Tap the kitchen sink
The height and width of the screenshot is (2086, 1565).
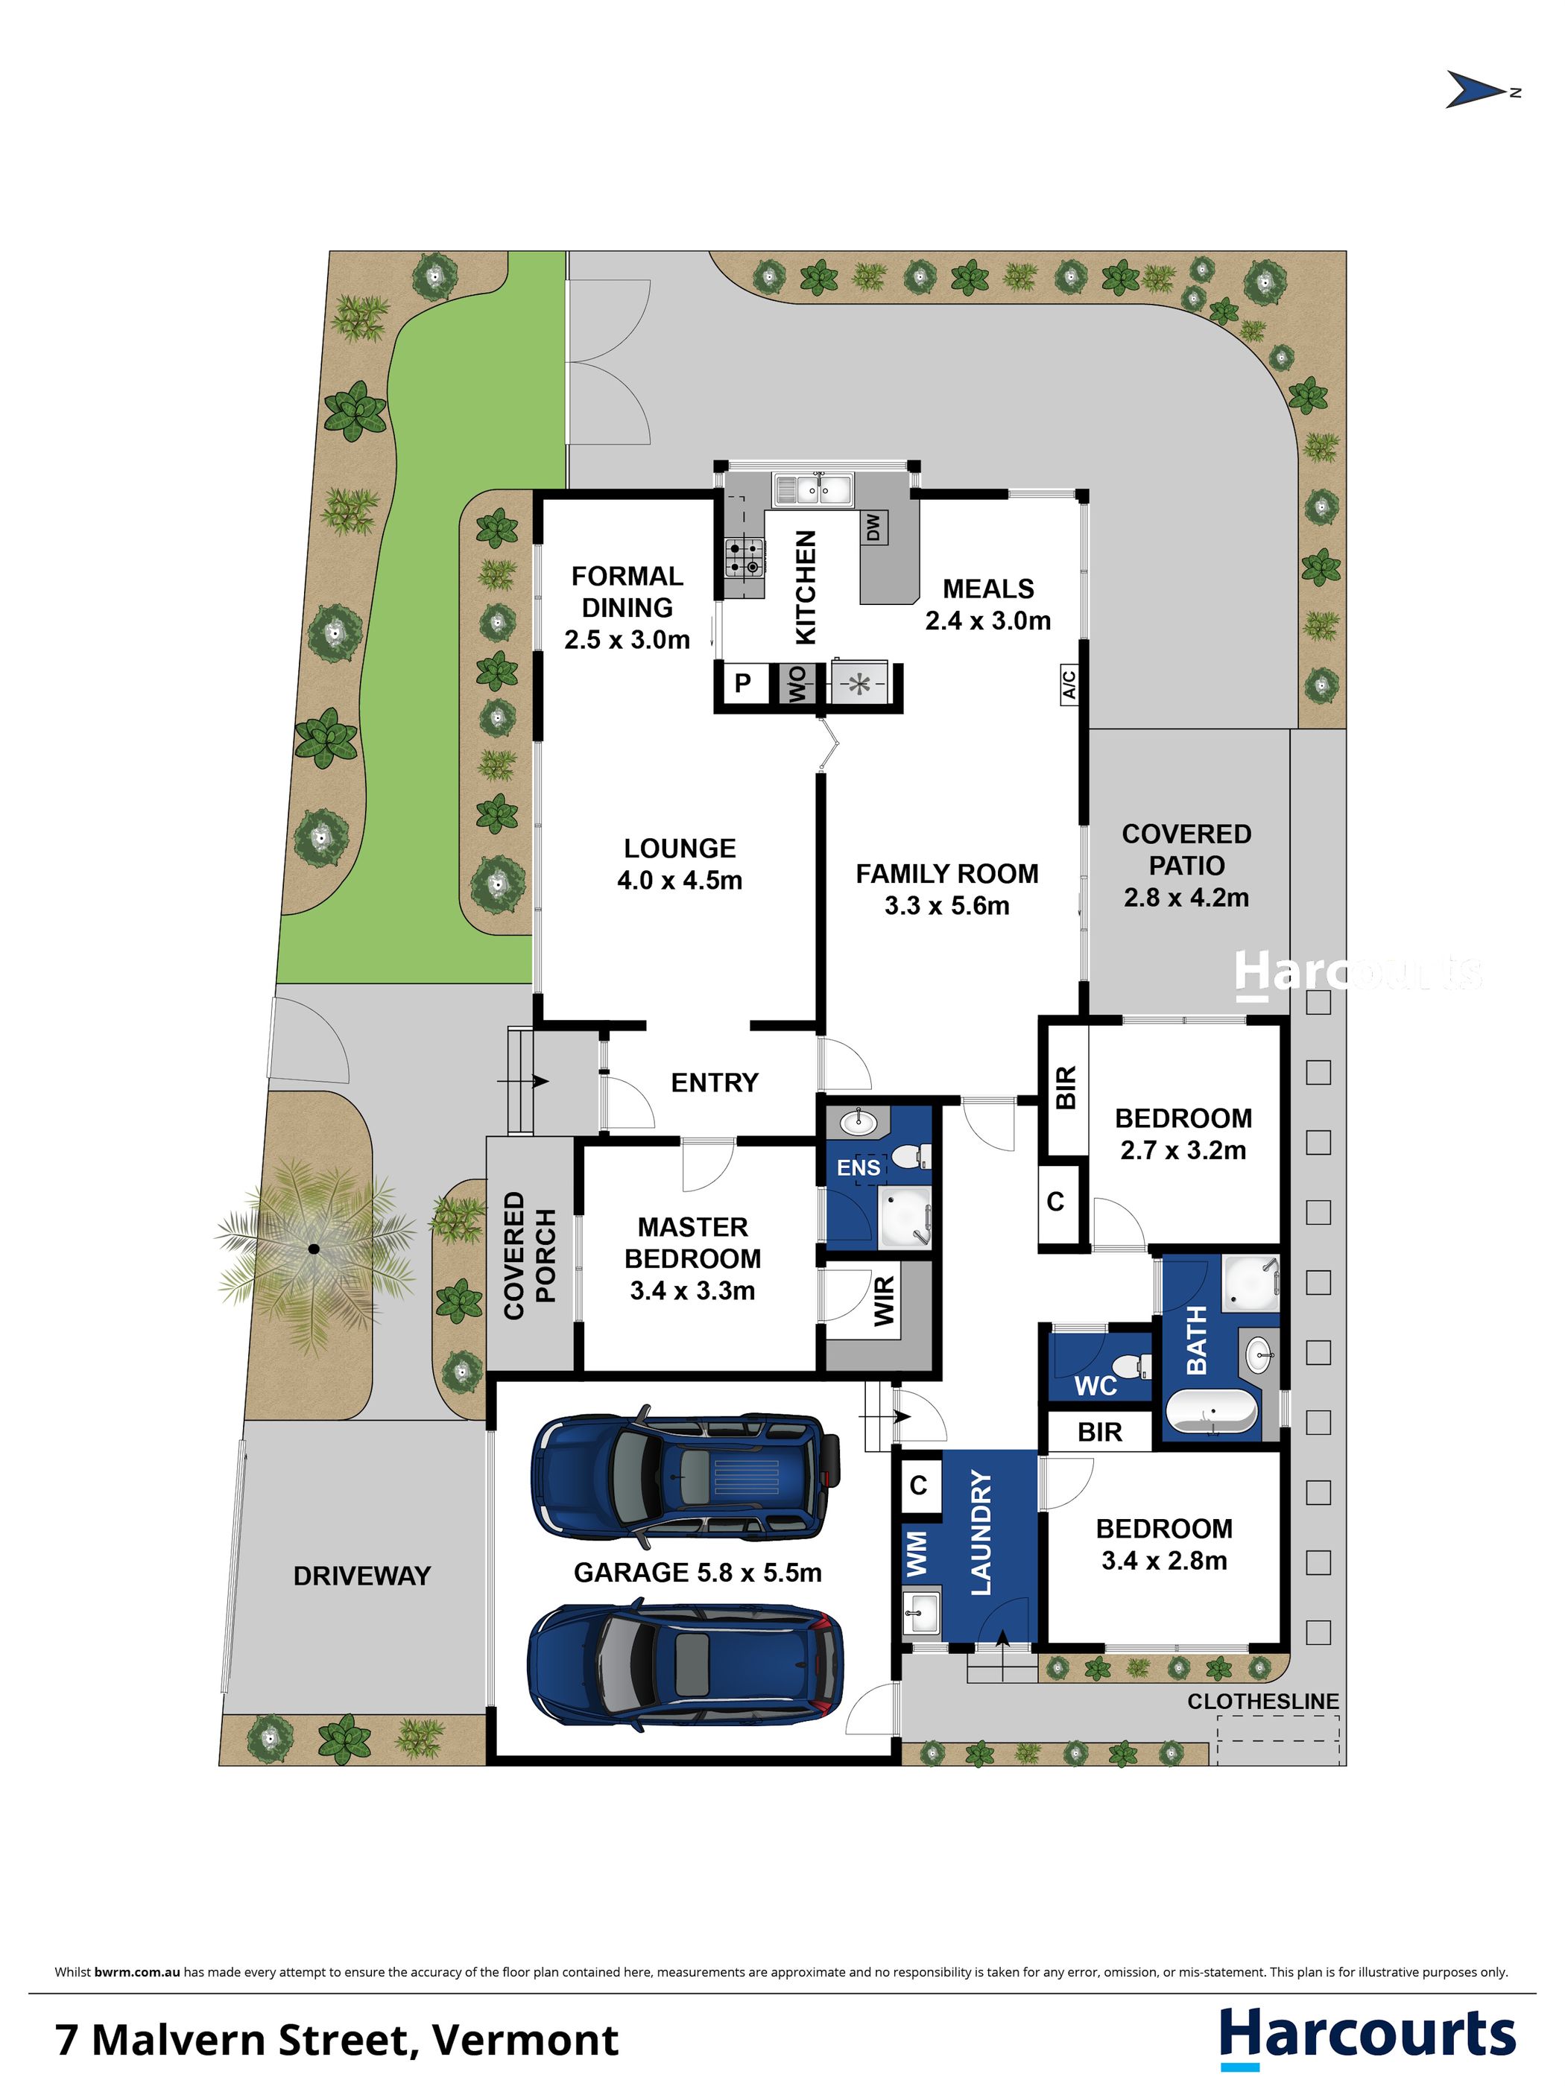tap(813, 489)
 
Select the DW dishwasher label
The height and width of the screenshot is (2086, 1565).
tap(873, 527)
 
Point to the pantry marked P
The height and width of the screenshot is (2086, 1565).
tap(743, 682)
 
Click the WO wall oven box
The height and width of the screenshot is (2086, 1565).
tap(797, 684)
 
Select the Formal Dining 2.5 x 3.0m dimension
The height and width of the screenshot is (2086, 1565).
tap(627, 639)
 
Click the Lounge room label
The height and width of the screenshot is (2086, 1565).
tap(679, 848)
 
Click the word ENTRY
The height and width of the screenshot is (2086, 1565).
tap(714, 1082)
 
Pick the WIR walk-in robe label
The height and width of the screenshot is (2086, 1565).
tap(884, 1302)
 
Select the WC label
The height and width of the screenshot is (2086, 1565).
tap(1095, 1385)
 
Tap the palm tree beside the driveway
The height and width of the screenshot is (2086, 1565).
tap(314, 1249)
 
